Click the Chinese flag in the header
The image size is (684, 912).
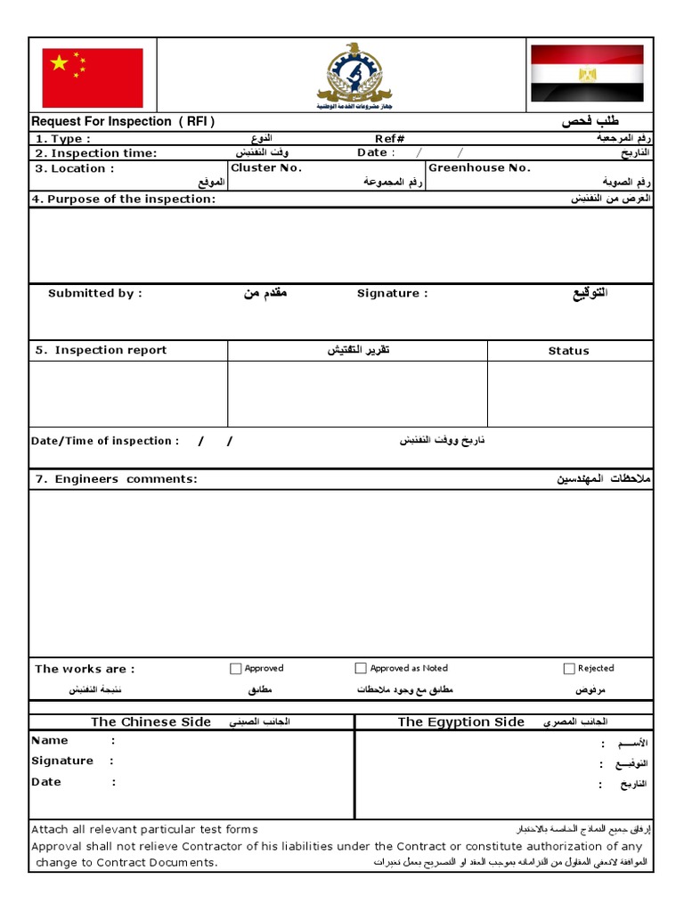tap(93, 78)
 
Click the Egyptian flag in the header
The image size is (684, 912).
tap(587, 73)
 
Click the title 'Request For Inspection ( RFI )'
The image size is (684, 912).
tap(123, 122)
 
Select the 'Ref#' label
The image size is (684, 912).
tap(389, 139)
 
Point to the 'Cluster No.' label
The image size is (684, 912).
tap(266, 167)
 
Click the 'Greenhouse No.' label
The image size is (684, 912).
tap(479, 167)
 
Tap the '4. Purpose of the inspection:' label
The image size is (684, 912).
tap(125, 199)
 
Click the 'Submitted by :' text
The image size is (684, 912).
tap(94, 293)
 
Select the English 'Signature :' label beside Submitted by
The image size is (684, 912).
tap(392, 293)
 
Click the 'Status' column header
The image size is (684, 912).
tap(568, 351)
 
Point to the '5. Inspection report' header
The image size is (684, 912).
tap(102, 350)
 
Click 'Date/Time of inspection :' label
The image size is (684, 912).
tap(105, 441)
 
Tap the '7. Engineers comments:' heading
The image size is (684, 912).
tap(117, 479)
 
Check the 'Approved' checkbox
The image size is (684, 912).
tap(236, 668)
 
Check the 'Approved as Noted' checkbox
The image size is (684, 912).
tap(361, 668)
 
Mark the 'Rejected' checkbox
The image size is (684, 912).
tap(569, 668)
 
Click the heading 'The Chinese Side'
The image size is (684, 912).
tap(151, 721)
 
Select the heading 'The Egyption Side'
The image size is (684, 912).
tap(460, 721)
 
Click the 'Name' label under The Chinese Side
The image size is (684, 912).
tap(50, 740)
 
